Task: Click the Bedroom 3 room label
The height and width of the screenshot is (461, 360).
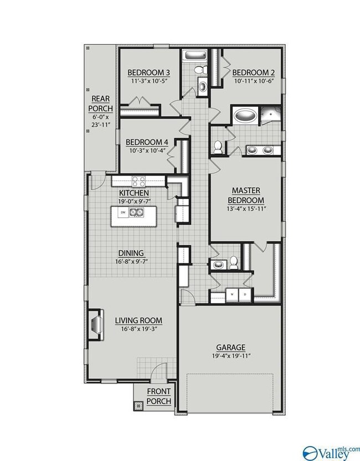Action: pyautogui.click(x=148, y=72)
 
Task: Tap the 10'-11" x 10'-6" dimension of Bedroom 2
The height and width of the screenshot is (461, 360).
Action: pyautogui.click(x=254, y=81)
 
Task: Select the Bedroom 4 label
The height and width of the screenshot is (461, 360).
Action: pyautogui.click(x=147, y=142)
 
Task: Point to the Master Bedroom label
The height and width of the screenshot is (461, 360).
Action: pyautogui.click(x=246, y=195)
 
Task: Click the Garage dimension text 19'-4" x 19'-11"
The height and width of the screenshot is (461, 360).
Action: pyautogui.click(x=231, y=356)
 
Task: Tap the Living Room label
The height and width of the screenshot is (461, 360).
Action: pyautogui.click(x=138, y=320)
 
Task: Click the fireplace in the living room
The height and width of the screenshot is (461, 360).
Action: pyautogui.click(x=96, y=324)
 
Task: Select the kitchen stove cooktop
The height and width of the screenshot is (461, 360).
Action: pyautogui.click(x=138, y=182)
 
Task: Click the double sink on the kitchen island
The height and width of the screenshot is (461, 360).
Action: pyautogui.click(x=136, y=213)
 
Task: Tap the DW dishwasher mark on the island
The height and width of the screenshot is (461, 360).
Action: pyautogui.click(x=122, y=213)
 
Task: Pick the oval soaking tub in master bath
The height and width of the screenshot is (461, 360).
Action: pyautogui.click(x=245, y=116)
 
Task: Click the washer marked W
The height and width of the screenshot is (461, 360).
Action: pyautogui.click(x=232, y=294)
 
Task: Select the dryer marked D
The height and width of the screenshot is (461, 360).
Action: pyautogui.click(x=245, y=294)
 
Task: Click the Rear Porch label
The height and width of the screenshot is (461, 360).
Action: pyautogui.click(x=101, y=103)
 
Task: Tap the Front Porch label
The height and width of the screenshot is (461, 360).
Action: pyautogui.click(x=159, y=396)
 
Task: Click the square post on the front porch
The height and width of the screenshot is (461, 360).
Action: pyautogui.click(x=138, y=407)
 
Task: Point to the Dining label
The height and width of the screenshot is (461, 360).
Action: pyautogui.click(x=131, y=253)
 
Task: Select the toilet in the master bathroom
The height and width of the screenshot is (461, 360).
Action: pyautogui.click(x=218, y=147)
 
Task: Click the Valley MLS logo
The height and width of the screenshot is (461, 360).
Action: pyautogui.click(x=331, y=453)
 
